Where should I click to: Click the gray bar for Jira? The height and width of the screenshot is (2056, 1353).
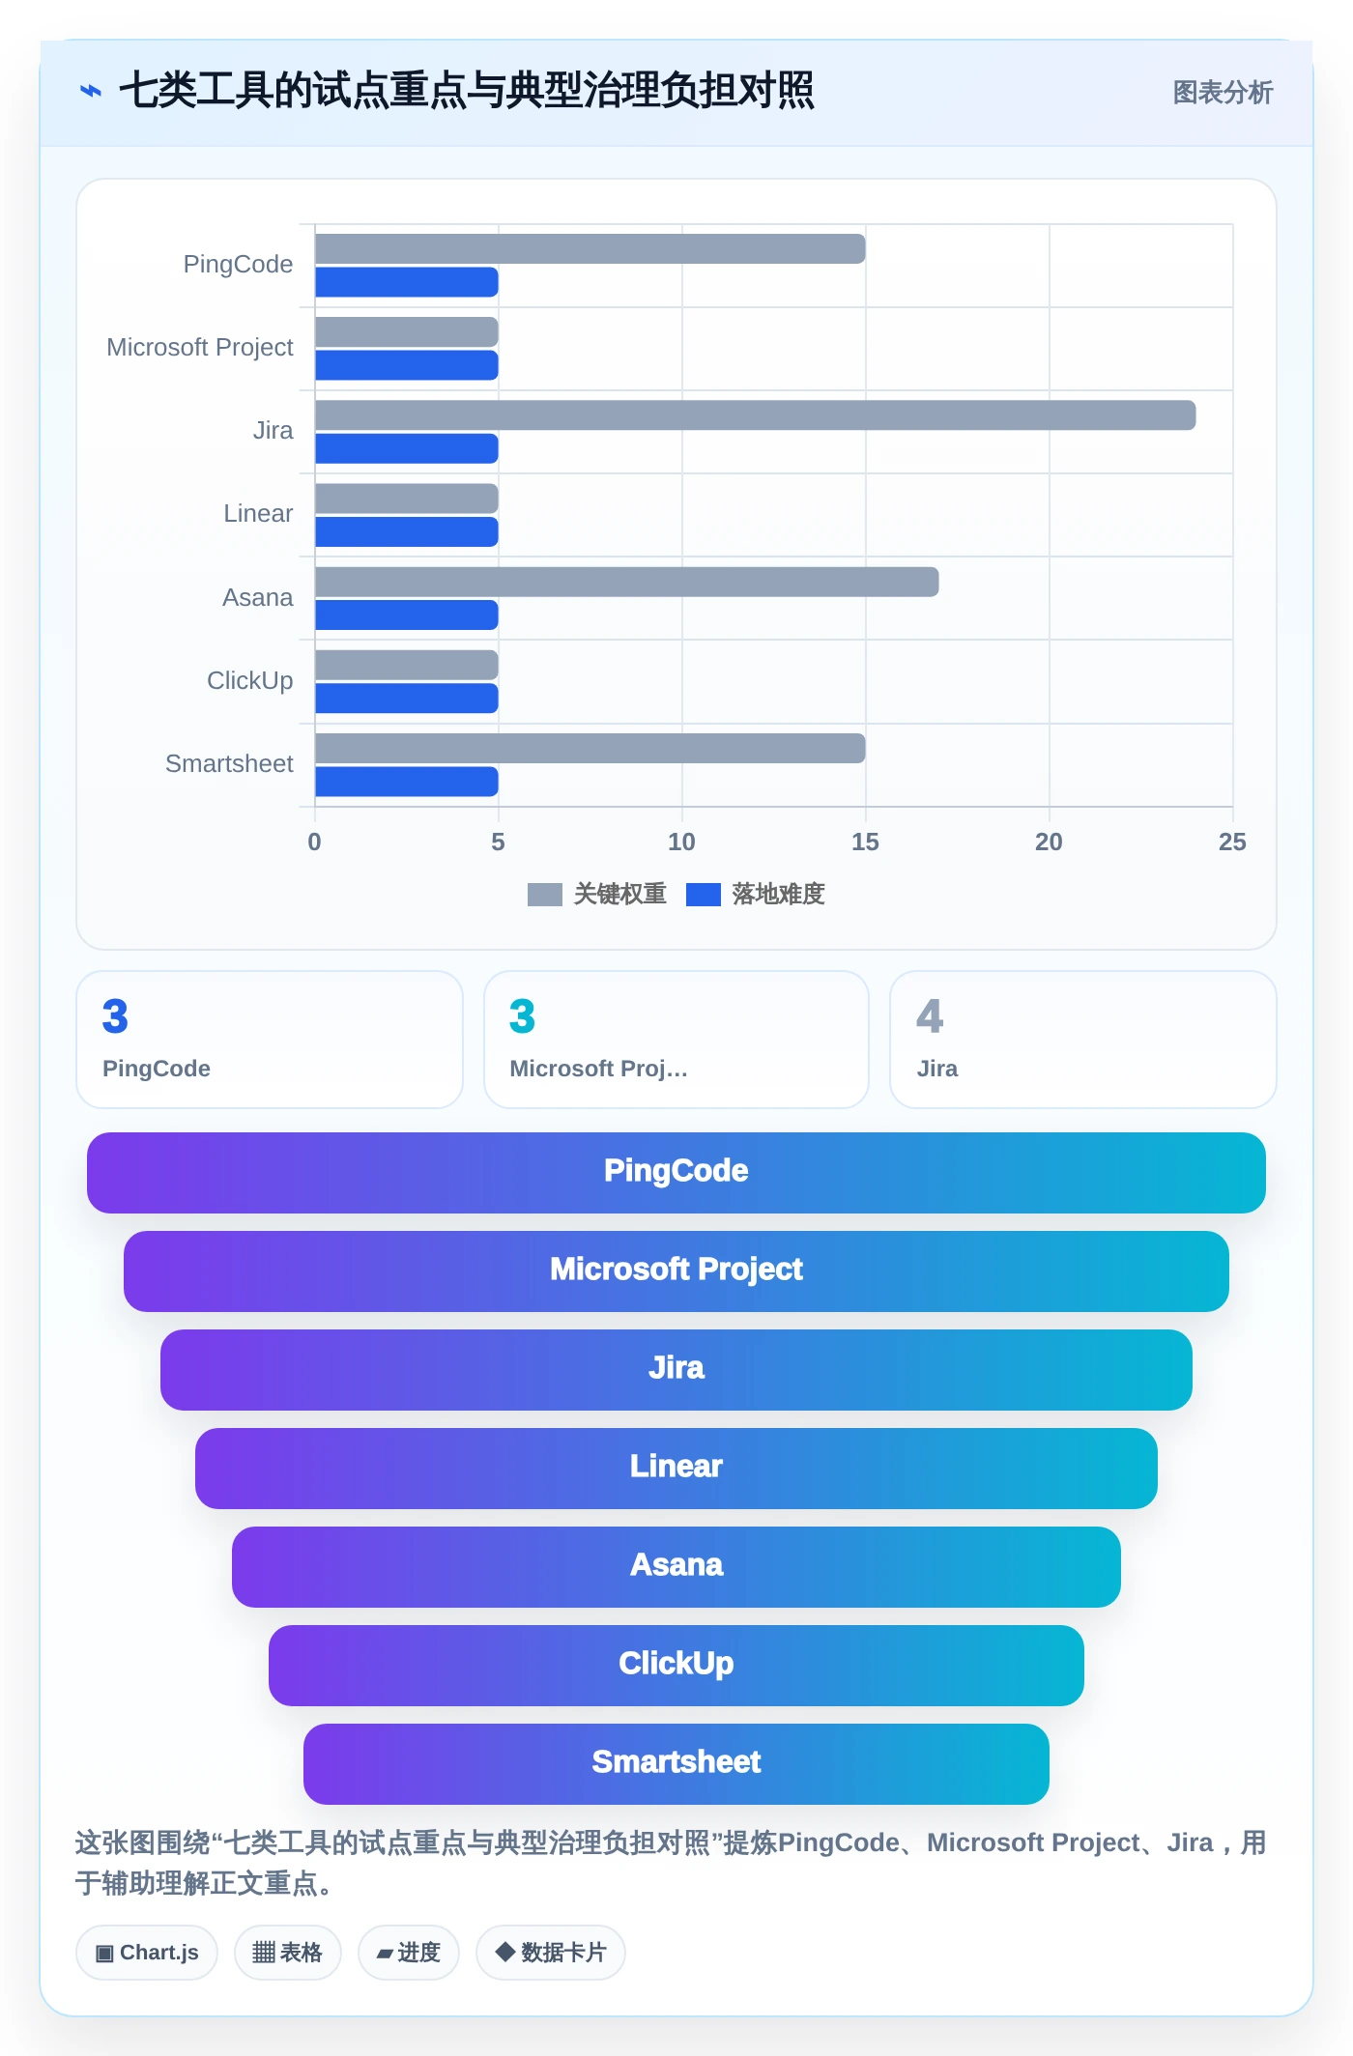(755, 415)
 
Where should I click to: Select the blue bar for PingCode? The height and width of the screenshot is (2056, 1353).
(407, 282)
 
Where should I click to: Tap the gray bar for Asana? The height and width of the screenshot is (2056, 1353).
(626, 582)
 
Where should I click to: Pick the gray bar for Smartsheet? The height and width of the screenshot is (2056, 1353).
(590, 749)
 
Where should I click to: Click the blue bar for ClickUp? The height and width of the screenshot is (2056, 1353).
(407, 699)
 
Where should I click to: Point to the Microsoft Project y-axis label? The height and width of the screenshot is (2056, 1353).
(200, 347)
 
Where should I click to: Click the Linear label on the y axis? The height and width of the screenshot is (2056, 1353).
(258, 513)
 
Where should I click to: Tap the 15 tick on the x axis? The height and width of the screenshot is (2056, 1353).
(865, 842)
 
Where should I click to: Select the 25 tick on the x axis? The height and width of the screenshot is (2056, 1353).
(1232, 842)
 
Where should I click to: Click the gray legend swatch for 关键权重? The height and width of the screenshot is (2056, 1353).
(545, 895)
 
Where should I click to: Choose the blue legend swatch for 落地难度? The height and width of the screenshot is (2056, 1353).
(704, 895)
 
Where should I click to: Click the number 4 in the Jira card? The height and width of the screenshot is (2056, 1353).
(930, 1016)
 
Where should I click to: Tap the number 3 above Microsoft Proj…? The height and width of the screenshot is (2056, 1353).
(522, 1016)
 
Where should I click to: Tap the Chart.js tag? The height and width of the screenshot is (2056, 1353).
(147, 1953)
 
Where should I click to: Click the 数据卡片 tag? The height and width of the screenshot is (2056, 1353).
(551, 1953)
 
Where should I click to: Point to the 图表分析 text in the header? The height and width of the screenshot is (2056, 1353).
(1223, 93)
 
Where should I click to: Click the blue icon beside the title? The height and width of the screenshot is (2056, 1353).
(91, 92)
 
